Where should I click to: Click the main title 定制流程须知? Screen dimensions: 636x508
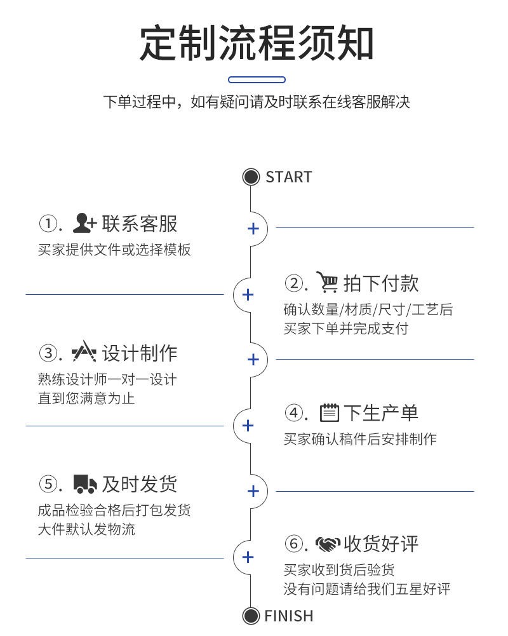click(x=257, y=43)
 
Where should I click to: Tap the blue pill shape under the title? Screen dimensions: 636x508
click(x=257, y=80)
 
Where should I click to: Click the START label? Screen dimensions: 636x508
click(x=289, y=177)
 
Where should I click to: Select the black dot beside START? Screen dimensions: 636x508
click(x=251, y=177)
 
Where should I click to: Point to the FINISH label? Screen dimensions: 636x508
click(x=289, y=616)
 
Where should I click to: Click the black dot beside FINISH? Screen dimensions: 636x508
click(x=251, y=616)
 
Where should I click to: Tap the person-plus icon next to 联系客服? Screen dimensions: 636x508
click(x=84, y=223)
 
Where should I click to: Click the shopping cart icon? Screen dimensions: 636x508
click(x=328, y=283)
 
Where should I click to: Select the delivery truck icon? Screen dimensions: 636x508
click(x=84, y=484)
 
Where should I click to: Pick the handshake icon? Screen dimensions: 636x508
click(x=328, y=545)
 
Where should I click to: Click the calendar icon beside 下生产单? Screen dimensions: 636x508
click(x=328, y=413)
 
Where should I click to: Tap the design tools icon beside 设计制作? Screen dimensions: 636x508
click(x=84, y=353)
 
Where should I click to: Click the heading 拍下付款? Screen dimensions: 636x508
click(x=381, y=283)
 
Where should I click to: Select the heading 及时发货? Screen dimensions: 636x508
click(x=140, y=484)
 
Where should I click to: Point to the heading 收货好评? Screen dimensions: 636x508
click(x=381, y=545)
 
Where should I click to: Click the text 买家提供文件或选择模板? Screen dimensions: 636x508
click(x=114, y=250)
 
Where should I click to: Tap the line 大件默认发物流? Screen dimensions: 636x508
click(x=86, y=529)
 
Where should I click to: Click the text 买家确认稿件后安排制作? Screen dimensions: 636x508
click(x=360, y=439)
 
